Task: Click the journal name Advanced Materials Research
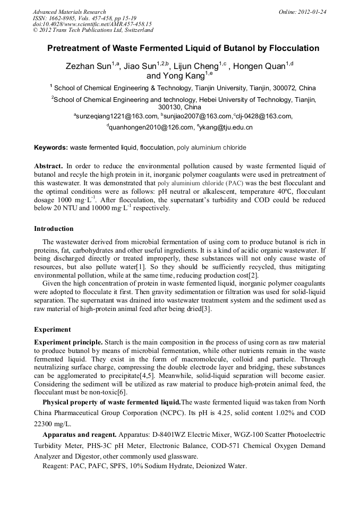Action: [x=69, y=12]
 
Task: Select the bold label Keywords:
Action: [x=51, y=148]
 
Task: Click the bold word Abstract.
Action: [x=48, y=166]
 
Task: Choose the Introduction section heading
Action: [x=54, y=229]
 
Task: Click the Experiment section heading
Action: [x=52, y=330]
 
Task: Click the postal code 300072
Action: [x=284, y=88]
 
